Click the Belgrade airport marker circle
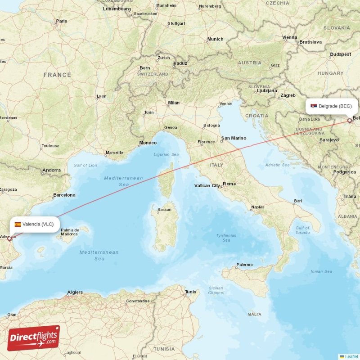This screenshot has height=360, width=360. [349, 121]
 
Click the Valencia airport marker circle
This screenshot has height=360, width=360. [9, 238]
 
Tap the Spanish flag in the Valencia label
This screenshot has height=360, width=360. [18, 224]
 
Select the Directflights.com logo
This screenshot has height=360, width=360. [34, 338]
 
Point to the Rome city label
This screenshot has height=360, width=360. [229, 184]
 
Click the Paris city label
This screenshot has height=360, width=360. [61, 21]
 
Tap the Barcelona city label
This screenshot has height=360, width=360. [64, 195]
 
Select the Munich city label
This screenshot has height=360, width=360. [215, 39]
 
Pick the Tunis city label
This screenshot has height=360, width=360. [190, 292]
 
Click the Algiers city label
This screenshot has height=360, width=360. [75, 292]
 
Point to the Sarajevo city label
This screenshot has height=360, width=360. [329, 140]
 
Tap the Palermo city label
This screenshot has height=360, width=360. [245, 265]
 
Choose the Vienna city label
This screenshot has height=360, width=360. [290, 37]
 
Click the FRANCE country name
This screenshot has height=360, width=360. [57, 75]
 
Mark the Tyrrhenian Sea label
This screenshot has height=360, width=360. [226, 238]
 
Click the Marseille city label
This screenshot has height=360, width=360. [114, 153]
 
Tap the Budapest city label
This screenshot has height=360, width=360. [340, 54]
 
